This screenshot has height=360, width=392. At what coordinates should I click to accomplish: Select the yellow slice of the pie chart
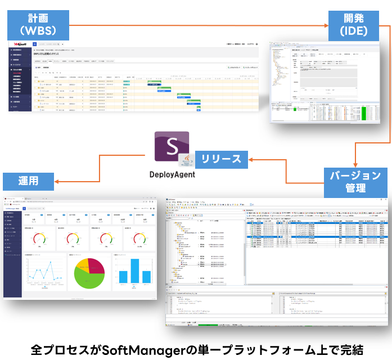click(79, 266)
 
